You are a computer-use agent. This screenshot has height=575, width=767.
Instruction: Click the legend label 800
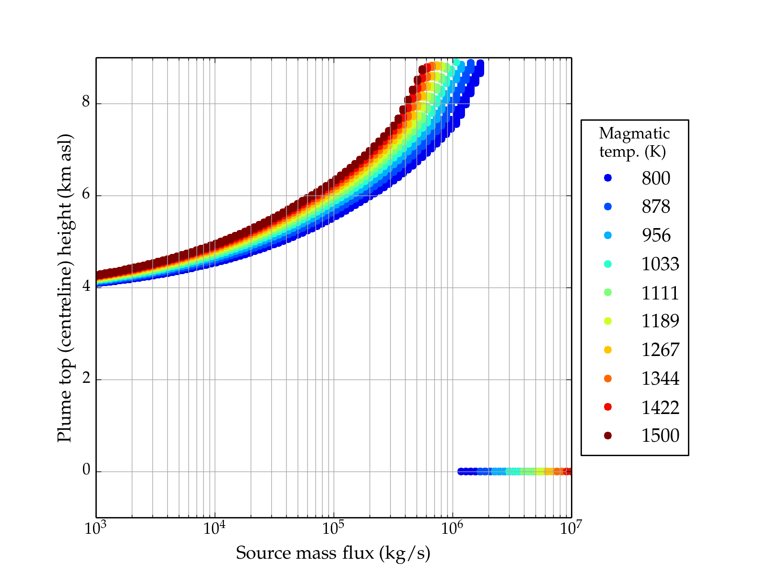point(656,178)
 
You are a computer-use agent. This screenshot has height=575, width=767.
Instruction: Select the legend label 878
point(656,207)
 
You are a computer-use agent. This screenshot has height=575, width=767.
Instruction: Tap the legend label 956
point(656,236)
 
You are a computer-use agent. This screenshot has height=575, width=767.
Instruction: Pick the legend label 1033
point(660,264)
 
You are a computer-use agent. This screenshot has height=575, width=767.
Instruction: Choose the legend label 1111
point(660,293)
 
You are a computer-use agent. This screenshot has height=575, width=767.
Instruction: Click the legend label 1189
point(660,321)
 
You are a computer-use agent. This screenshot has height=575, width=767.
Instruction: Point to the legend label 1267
point(660,350)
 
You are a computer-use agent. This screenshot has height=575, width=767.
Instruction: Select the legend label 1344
point(660,379)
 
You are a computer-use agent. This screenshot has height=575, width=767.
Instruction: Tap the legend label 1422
point(660,407)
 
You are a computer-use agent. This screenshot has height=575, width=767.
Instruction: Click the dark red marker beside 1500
point(608,436)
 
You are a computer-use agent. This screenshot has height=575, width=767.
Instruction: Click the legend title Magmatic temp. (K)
point(634,142)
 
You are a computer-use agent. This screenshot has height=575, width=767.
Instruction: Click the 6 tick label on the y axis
point(86,195)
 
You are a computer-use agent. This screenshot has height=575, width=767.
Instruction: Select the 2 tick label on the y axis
point(86,379)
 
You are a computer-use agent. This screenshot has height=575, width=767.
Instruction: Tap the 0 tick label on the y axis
point(86,471)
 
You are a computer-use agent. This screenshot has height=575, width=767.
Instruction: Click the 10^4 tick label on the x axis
point(214,528)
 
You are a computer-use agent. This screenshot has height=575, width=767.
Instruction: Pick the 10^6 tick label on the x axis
point(452,528)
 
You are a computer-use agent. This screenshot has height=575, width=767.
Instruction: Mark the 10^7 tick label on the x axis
point(570,528)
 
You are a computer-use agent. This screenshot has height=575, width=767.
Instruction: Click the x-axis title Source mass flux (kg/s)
point(333,553)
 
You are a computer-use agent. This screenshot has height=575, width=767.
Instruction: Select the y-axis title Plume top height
point(65,287)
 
